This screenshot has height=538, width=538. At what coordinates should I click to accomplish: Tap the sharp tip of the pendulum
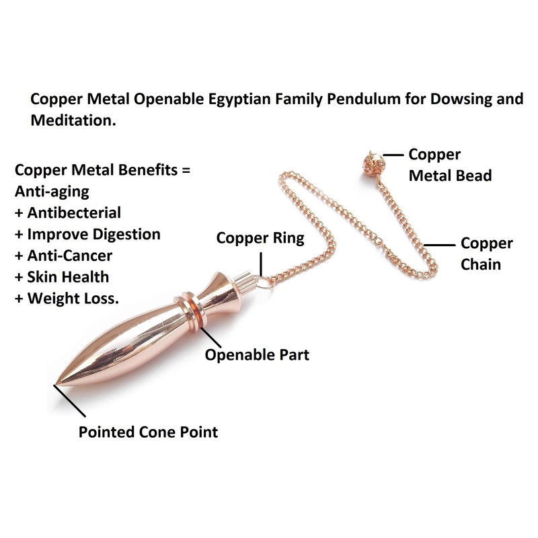pos(56,385)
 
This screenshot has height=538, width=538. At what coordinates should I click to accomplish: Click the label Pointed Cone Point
pos(148,432)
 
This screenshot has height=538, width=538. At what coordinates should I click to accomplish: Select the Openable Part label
pos(257,354)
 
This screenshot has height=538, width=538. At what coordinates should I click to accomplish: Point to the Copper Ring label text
pos(260,238)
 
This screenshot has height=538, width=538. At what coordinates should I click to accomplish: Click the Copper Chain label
pos(486,254)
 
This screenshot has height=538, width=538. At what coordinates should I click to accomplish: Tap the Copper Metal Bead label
pos(450,165)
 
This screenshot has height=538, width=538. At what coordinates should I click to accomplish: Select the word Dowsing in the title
pos(463,100)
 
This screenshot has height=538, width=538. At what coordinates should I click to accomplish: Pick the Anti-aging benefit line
pos(52,192)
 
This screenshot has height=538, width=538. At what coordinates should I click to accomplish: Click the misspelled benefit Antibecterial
pos(68,213)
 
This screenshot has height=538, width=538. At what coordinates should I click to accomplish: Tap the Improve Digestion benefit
pos(87,235)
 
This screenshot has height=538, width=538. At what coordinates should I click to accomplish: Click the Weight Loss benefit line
pos(67,299)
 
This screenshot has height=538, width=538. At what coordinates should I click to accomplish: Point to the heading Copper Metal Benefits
pos(102,170)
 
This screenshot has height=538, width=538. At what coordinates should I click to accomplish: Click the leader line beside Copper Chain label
pos(441,245)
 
